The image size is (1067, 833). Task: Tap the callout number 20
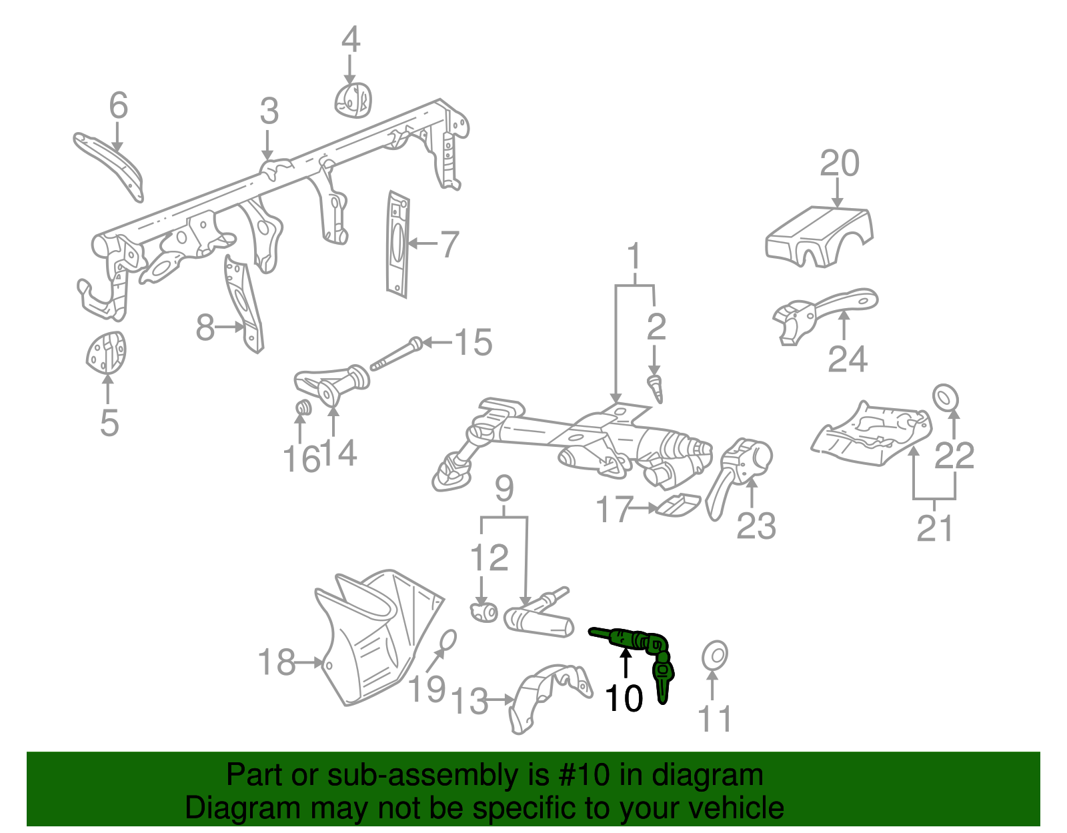pos(839,164)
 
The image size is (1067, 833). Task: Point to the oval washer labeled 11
pos(714,656)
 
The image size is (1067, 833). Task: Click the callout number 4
pos(351,40)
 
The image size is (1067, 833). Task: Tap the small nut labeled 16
pos(303,407)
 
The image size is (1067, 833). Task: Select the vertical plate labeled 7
pos(397,244)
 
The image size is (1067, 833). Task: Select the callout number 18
pos(276,662)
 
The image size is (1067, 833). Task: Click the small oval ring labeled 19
pos(447,640)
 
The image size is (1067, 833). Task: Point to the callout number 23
pos(756,527)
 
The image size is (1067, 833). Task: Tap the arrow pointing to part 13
pos(500,700)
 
